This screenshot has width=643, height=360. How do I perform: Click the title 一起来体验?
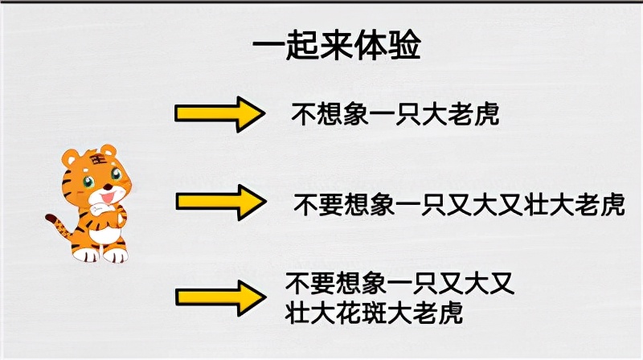[337, 45]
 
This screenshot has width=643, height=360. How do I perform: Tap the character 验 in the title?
[404, 45]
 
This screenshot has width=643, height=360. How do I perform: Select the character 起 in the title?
[303, 45]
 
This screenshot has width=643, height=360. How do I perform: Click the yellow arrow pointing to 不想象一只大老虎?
[219, 114]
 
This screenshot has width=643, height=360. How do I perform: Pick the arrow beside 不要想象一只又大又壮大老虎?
[221, 202]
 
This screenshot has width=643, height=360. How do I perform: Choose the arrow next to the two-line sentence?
[220, 298]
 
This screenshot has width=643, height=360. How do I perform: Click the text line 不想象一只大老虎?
[395, 114]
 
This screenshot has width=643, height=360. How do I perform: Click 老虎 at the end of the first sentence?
[474, 114]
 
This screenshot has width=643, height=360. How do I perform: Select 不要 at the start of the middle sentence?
[318, 204]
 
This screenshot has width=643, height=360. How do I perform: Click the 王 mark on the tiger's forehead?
[97, 159]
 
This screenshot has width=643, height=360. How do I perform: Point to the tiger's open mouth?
[108, 198]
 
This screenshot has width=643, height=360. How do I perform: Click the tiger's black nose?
[108, 187]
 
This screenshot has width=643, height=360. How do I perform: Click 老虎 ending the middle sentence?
[600, 204]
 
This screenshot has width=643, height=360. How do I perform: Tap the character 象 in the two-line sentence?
[374, 284]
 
